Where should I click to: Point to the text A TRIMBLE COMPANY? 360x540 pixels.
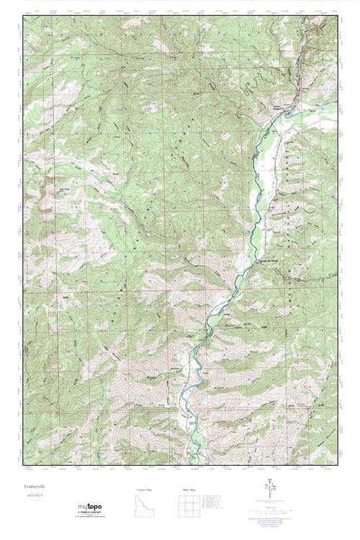coord(91,513)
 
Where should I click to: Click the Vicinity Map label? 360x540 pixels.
coord(145,490)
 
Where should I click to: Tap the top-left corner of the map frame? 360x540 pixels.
coord(22,17)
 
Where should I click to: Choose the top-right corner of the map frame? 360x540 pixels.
coord(338,17)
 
